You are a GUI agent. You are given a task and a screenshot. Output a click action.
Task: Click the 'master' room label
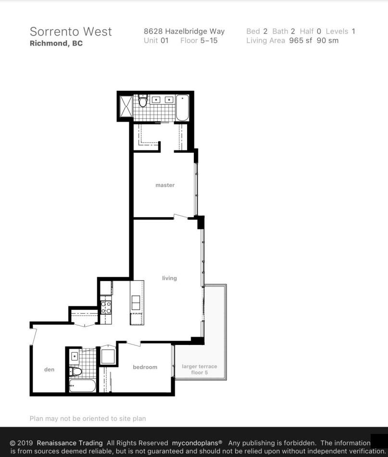click(x=165, y=185)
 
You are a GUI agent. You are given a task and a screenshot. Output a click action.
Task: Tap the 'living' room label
click(x=169, y=278)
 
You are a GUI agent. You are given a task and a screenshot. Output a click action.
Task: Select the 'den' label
click(x=49, y=369)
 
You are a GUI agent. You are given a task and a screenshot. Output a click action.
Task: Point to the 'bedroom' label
click(x=145, y=367)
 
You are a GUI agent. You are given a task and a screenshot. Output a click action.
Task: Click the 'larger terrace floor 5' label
click(x=200, y=369)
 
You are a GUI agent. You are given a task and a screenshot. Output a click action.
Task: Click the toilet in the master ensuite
click(x=142, y=100)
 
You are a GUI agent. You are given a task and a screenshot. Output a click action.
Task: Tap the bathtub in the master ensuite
click(x=183, y=108)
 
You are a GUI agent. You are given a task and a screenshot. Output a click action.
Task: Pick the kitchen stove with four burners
click(x=106, y=308)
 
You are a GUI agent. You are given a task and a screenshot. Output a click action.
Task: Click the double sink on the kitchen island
click(x=136, y=302)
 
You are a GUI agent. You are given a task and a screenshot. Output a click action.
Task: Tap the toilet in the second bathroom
click(x=76, y=371)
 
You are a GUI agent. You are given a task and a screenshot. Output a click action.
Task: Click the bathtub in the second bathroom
click(x=83, y=385)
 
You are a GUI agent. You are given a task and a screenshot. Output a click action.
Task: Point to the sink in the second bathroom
click(x=75, y=356)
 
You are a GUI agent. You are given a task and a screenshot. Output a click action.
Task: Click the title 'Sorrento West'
click(x=71, y=32)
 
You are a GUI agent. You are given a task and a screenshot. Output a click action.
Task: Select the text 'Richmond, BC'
click(x=56, y=43)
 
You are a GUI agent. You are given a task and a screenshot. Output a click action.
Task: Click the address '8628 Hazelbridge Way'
click(x=184, y=31)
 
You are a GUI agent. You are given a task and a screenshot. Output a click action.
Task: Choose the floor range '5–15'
click(x=209, y=40)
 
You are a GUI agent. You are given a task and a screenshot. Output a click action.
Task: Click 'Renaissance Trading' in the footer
click(x=70, y=443)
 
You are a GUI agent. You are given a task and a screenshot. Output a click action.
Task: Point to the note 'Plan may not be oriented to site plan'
click(x=88, y=419)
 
